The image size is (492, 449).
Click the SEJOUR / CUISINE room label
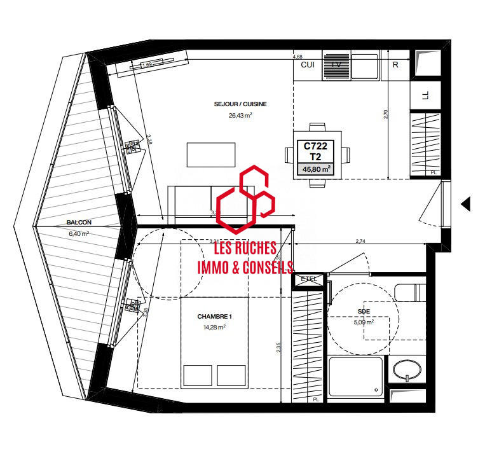[x=241, y=104]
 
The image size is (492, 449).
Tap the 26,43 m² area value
[x=241, y=116]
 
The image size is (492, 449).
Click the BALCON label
[x=79, y=223]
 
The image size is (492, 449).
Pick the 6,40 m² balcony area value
[x=79, y=233]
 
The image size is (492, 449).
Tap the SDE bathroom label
[x=364, y=311]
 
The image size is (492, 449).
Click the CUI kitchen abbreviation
[x=308, y=65]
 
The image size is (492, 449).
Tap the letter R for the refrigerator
[x=395, y=65]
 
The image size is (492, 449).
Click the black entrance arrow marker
[x=465, y=204]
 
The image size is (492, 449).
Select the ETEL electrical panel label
[x=308, y=279]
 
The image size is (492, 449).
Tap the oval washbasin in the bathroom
[x=406, y=370]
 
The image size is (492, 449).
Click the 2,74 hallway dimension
[x=361, y=242]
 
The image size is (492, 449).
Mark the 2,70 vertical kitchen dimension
[x=385, y=115]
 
